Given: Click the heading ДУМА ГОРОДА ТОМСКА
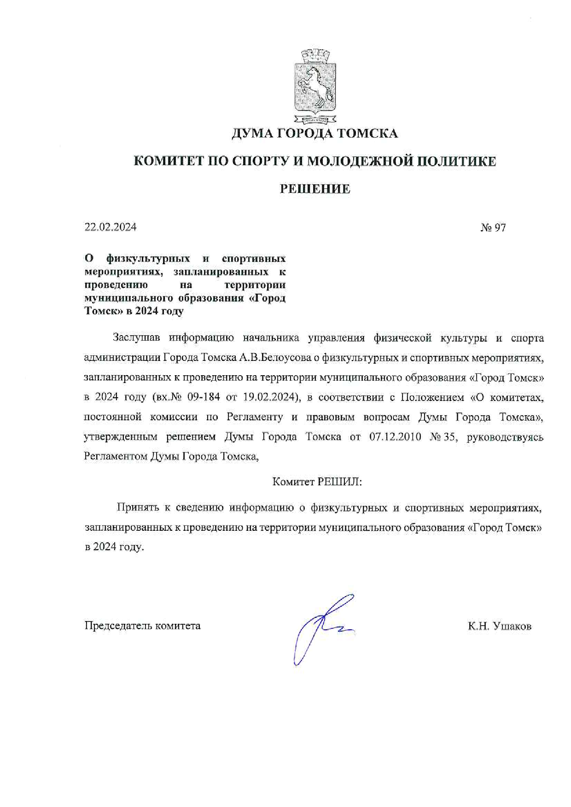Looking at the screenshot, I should point(315,134).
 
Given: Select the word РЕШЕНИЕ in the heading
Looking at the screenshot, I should point(315,189).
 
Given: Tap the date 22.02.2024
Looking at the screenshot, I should point(111,227).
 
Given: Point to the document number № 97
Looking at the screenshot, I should point(493,227).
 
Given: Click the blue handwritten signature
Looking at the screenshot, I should point(322,626).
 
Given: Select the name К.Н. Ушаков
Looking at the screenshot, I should point(500,626).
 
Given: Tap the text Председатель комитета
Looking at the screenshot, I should point(142,626).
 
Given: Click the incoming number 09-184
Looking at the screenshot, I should point(204,397).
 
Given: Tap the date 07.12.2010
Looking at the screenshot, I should point(395,436).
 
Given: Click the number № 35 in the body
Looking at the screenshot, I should point(443,436).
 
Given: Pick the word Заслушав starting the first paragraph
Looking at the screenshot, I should point(136,338).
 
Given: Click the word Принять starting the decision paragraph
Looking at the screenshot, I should point(136,508).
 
